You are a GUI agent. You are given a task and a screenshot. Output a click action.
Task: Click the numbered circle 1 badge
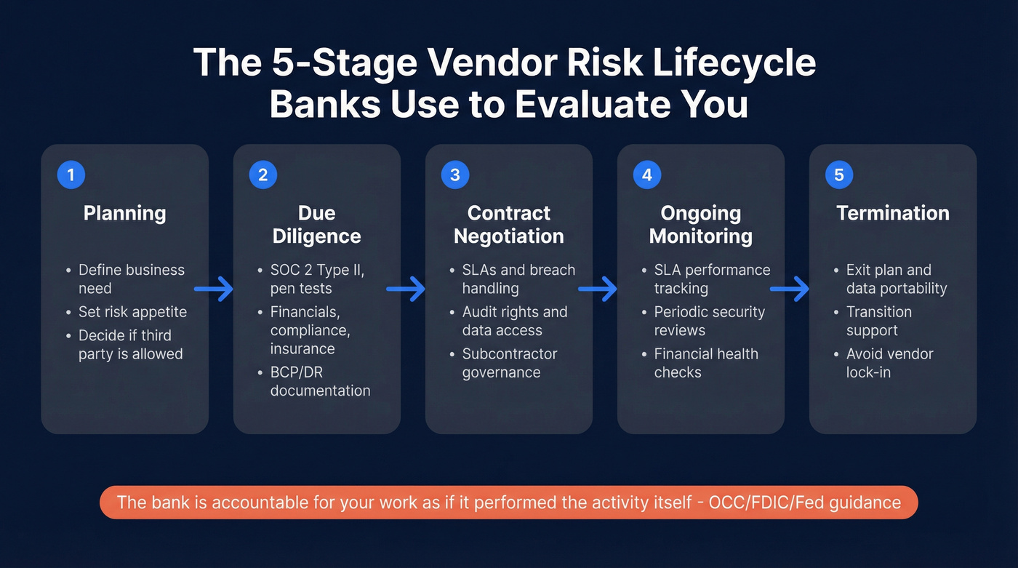click(x=71, y=175)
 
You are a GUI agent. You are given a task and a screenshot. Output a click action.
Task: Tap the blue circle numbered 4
click(x=646, y=175)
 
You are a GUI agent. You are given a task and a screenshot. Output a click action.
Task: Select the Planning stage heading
click(x=124, y=213)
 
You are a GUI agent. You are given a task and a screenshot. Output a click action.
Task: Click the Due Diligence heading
click(x=317, y=225)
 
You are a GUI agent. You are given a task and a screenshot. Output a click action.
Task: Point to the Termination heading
click(x=892, y=213)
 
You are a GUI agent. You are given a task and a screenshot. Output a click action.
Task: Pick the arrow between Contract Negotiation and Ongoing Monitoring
click(x=598, y=289)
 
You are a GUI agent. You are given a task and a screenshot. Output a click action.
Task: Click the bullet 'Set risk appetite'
click(x=132, y=312)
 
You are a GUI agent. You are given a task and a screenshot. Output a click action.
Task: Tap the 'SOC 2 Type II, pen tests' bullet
click(x=317, y=279)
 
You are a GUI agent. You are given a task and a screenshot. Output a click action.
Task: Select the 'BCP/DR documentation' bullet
click(x=320, y=381)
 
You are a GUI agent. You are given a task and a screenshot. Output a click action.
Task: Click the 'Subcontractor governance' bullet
click(x=509, y=363)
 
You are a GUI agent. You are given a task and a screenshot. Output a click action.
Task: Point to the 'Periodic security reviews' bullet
click(x=709, y=321)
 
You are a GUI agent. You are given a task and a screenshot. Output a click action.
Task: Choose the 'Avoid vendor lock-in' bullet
click(x=889, y=363)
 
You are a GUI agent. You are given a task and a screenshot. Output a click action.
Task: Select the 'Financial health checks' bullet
click(x=705, y=363)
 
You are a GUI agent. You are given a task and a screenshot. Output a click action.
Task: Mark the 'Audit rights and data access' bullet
click(x=514, y=321)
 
